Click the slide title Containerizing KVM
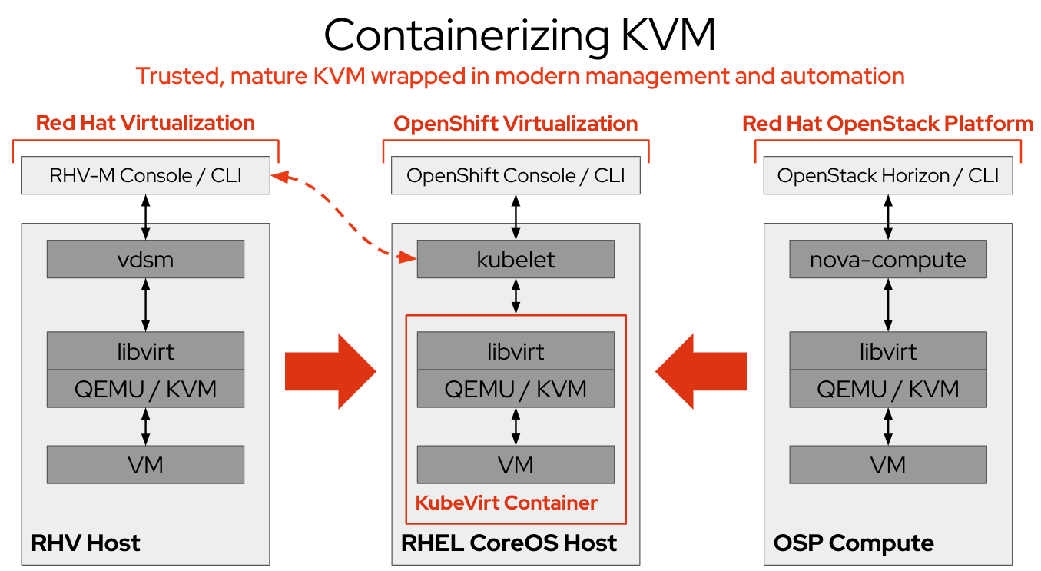[519, 35]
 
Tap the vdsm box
[145, 259]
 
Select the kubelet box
[516, 259]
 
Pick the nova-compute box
[888, 259]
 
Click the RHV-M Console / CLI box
[145, 175]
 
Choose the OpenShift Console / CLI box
[516, 175]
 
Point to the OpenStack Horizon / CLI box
[888, 175]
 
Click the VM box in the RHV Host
[145, 464]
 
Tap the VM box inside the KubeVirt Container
[516, 464]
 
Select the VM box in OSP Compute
[888, 464]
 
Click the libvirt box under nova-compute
[888, 351]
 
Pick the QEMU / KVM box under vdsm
[145, 389]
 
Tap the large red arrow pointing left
[701, 371]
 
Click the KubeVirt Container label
[506, 503]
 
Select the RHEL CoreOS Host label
[509, 543]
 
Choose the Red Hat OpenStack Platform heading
[887, 123]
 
